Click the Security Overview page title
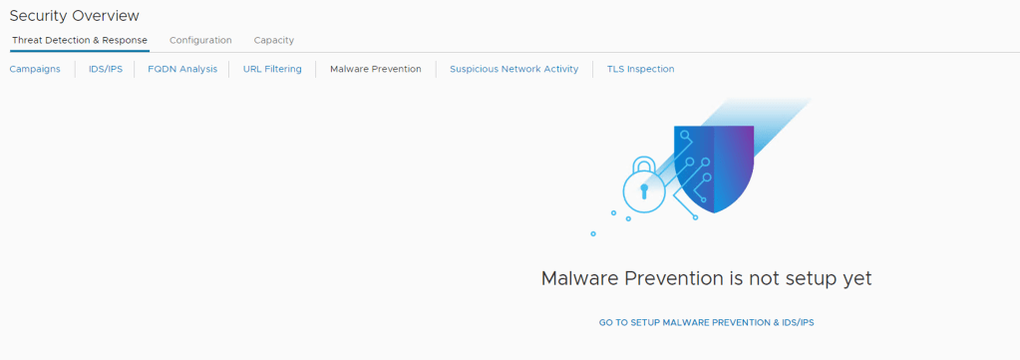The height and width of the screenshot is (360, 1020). click(74, 16)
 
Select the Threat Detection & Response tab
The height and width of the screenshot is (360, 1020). click(80, 40)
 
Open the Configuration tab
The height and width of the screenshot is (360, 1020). click(200, 40)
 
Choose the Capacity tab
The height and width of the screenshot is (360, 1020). click(274, 40)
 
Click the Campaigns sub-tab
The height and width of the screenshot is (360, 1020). click(35, 69)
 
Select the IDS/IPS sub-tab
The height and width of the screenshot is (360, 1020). click(106, 69)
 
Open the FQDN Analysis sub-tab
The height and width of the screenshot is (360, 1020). click(182, 69)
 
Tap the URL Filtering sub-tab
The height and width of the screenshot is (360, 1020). click(272, 69)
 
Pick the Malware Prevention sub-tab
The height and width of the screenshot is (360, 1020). click(375, 69)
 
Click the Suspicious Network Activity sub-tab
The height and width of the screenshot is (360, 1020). click(513, 69)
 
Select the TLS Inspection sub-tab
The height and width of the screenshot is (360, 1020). click(641, 69)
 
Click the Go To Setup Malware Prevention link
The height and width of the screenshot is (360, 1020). click(707, 322)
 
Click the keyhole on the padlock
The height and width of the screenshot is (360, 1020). click(644, 190)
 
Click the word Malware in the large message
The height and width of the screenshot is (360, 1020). click(579, 278)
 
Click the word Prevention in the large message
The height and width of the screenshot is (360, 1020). click(672, 278)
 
